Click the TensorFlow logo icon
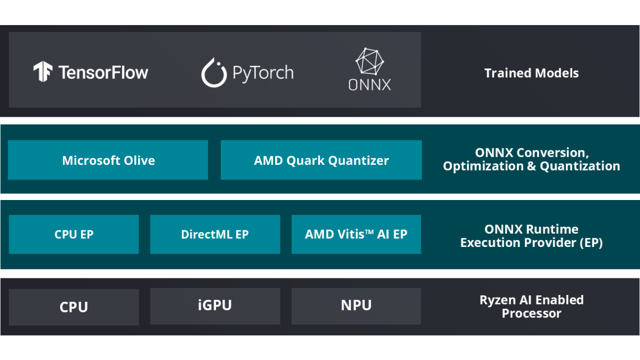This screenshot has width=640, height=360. click(x=43, y=71)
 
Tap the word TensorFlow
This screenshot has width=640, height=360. click(x=103, y=73)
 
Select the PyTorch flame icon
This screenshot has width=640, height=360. click(x=213, y=73)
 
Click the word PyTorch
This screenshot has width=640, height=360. click(x=263, y=73)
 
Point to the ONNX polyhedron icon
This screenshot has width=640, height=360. click(x=370, y=61)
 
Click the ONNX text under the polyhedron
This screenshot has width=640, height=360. click(x=370, y=85)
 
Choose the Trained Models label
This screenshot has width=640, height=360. click(x=531, y=73)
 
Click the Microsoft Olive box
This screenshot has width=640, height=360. click(x=108, y=160)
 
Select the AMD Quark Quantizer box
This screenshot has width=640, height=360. click(x=321, y=160)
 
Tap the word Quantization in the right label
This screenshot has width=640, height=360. click(x=580, y=166)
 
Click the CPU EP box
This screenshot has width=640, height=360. click(x=74, y=234)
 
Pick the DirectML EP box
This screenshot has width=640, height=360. click(x=215, y=234)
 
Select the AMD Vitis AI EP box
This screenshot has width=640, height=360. click(x=356, y=234)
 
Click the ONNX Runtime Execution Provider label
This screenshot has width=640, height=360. click(x=531, y=236)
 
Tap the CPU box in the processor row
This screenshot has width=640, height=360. click(x=74, y=307)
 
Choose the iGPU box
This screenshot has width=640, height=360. click(x=215, y=306)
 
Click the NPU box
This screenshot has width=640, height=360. click(x=356, y=306)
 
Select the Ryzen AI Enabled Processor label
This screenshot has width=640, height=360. click(x=531, y=306)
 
